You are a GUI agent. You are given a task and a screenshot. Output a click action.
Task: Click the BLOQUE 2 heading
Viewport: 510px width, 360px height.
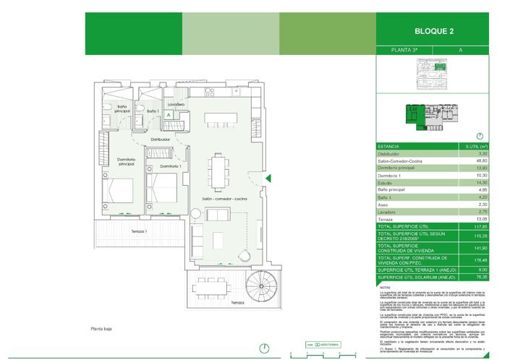pos(434,32)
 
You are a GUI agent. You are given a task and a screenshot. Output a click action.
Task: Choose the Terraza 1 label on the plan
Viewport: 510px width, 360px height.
pos(140,231)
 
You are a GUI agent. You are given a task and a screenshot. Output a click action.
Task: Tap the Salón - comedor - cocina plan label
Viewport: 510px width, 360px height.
pos(225,198)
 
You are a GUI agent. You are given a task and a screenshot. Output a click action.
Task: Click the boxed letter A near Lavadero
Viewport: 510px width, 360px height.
pos(168,114)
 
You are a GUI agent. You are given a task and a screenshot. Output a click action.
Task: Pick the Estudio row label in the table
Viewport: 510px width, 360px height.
pos(387,183)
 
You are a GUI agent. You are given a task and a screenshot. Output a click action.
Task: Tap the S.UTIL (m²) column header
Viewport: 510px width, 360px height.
pos(479,146)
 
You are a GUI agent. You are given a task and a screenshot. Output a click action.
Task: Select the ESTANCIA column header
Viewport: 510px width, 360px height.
pos(389,146)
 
